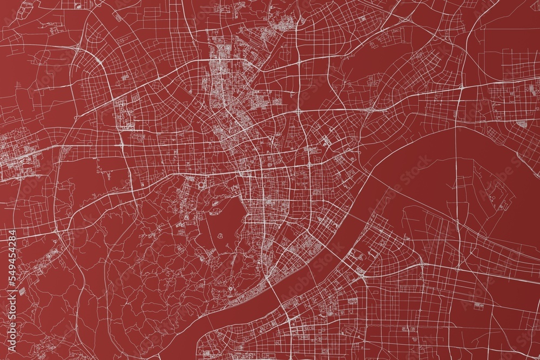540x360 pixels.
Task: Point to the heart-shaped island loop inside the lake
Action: click(222, 236)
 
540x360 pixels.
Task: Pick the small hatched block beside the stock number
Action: click(22, 290)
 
